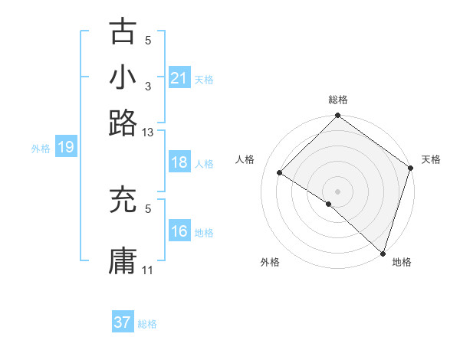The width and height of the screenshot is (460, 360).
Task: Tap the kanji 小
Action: coord(123,77)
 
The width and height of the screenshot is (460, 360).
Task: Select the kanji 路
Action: coord(123,122)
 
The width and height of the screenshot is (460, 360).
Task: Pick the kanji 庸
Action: coord(123,260)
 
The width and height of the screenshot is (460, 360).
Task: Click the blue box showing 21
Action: coord(179,78)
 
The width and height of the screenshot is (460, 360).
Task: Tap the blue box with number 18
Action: coord(179,163)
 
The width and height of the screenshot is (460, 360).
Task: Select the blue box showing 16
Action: coord(179,231)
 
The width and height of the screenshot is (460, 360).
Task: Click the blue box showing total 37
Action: coord(123,322)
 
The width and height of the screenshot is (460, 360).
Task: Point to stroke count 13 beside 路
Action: coord(148,133)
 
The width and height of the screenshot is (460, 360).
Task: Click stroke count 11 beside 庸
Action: coord(148,270)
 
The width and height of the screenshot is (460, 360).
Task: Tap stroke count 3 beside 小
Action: coord(148,87)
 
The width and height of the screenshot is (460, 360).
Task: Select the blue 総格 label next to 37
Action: coord(147,324)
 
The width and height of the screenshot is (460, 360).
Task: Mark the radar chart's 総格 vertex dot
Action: coord(337,116)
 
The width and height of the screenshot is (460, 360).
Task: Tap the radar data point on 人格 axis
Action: coord(280,173)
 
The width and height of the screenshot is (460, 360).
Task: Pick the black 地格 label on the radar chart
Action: coord(402,263)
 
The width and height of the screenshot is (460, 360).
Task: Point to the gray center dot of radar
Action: coord(337,191)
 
